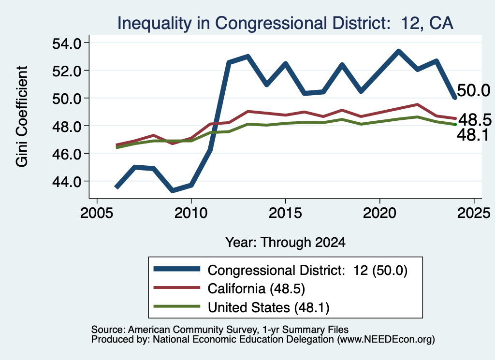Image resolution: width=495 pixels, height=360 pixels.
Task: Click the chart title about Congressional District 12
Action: pos(285,23)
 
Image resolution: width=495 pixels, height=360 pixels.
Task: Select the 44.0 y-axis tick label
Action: pos(67,181)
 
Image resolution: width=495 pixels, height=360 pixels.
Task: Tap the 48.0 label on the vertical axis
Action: pos(67,126)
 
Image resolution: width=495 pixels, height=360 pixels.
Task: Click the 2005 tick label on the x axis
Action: pos(97,213)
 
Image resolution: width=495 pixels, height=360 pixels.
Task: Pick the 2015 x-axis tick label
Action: pos(285,213)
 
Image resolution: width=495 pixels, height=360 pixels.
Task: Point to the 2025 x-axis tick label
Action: pos(474,213)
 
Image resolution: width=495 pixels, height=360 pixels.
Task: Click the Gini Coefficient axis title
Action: pos(22,116)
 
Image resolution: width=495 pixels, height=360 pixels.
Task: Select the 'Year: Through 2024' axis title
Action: pos(285,242)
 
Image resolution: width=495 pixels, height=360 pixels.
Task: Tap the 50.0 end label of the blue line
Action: pos(473,90)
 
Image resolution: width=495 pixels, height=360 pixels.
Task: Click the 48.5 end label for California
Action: pos(475,120)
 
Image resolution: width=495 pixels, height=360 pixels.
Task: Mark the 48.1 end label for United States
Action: pos(473,135)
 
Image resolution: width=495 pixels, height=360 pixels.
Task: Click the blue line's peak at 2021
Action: pos(398,51)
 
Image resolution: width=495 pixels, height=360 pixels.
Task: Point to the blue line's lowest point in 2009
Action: pos(173,190)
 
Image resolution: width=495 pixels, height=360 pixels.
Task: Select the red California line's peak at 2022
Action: pos(417,104)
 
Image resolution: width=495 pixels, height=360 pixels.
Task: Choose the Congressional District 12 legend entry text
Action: pos(307,271)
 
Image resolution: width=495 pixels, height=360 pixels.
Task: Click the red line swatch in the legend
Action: pos(177,288)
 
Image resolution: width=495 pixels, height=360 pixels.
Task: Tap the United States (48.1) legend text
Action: pos(268,307)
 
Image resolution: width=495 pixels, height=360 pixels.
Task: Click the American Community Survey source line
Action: pos(220,330)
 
